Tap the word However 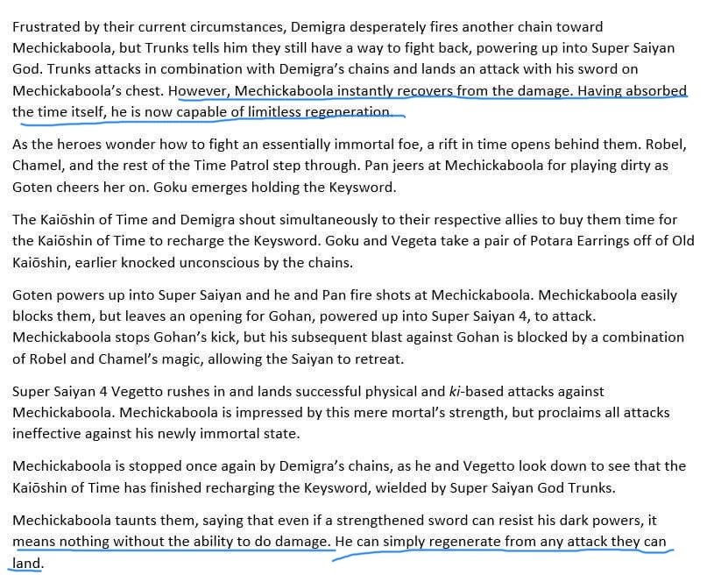click(x=199, y=90)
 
